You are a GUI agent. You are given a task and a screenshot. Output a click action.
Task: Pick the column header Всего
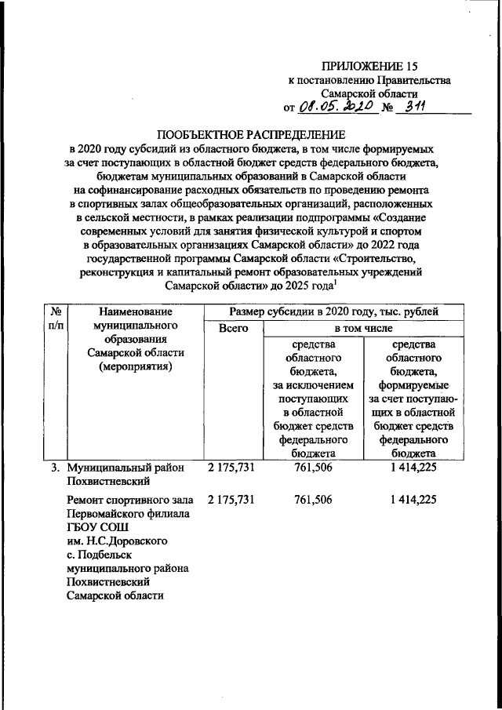click(232, 330)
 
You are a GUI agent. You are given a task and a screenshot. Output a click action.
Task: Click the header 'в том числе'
click(363, 330)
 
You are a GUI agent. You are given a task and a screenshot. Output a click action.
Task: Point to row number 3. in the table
click(56, 468)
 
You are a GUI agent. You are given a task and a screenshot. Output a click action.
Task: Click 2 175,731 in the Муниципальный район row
click(232, 468)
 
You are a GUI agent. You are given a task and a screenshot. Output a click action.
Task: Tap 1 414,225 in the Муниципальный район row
click(412, 468)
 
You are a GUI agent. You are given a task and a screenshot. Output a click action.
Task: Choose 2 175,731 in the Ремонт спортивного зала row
click(232, 499)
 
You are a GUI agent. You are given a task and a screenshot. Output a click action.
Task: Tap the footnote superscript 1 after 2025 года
click(336, 284)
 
